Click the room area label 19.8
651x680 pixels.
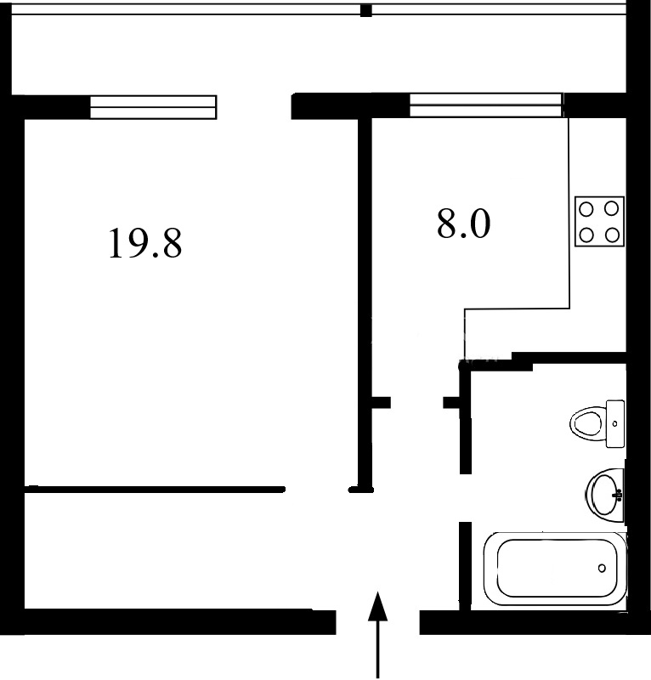(145, 244)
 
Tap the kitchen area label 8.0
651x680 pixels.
(464, 224)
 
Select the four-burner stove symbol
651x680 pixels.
(599, 222)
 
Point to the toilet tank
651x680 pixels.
(615, 423)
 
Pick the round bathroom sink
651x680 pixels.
(604, 496)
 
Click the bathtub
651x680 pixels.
(555, 569)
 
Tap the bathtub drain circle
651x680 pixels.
(602, 568)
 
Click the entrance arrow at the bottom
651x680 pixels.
(377, 635)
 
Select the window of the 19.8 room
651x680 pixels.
(153, 107)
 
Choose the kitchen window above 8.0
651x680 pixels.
(486, 105)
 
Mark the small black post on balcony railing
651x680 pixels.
(366, 10)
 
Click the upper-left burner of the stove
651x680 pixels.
(586, 209)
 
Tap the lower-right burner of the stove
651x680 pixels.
(612, 235)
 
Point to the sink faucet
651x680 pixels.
(619, 495)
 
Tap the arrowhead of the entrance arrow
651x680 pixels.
(377, 606)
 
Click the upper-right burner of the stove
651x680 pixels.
(612, 209)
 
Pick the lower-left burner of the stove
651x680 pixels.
(586, 235)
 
